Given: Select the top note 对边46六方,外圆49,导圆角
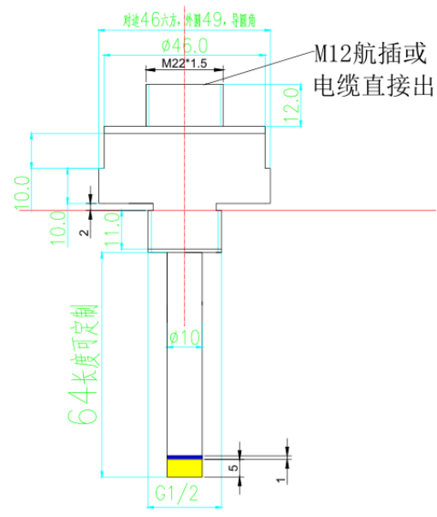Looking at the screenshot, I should pos(184,17).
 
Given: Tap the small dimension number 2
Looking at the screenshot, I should pos(83,231).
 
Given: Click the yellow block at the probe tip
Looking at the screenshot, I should pos(184,467).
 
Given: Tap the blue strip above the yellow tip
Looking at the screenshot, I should pos(184,456).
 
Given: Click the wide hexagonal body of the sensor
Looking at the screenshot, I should pos(184,167).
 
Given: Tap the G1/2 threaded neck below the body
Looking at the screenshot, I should pos(184,229).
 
